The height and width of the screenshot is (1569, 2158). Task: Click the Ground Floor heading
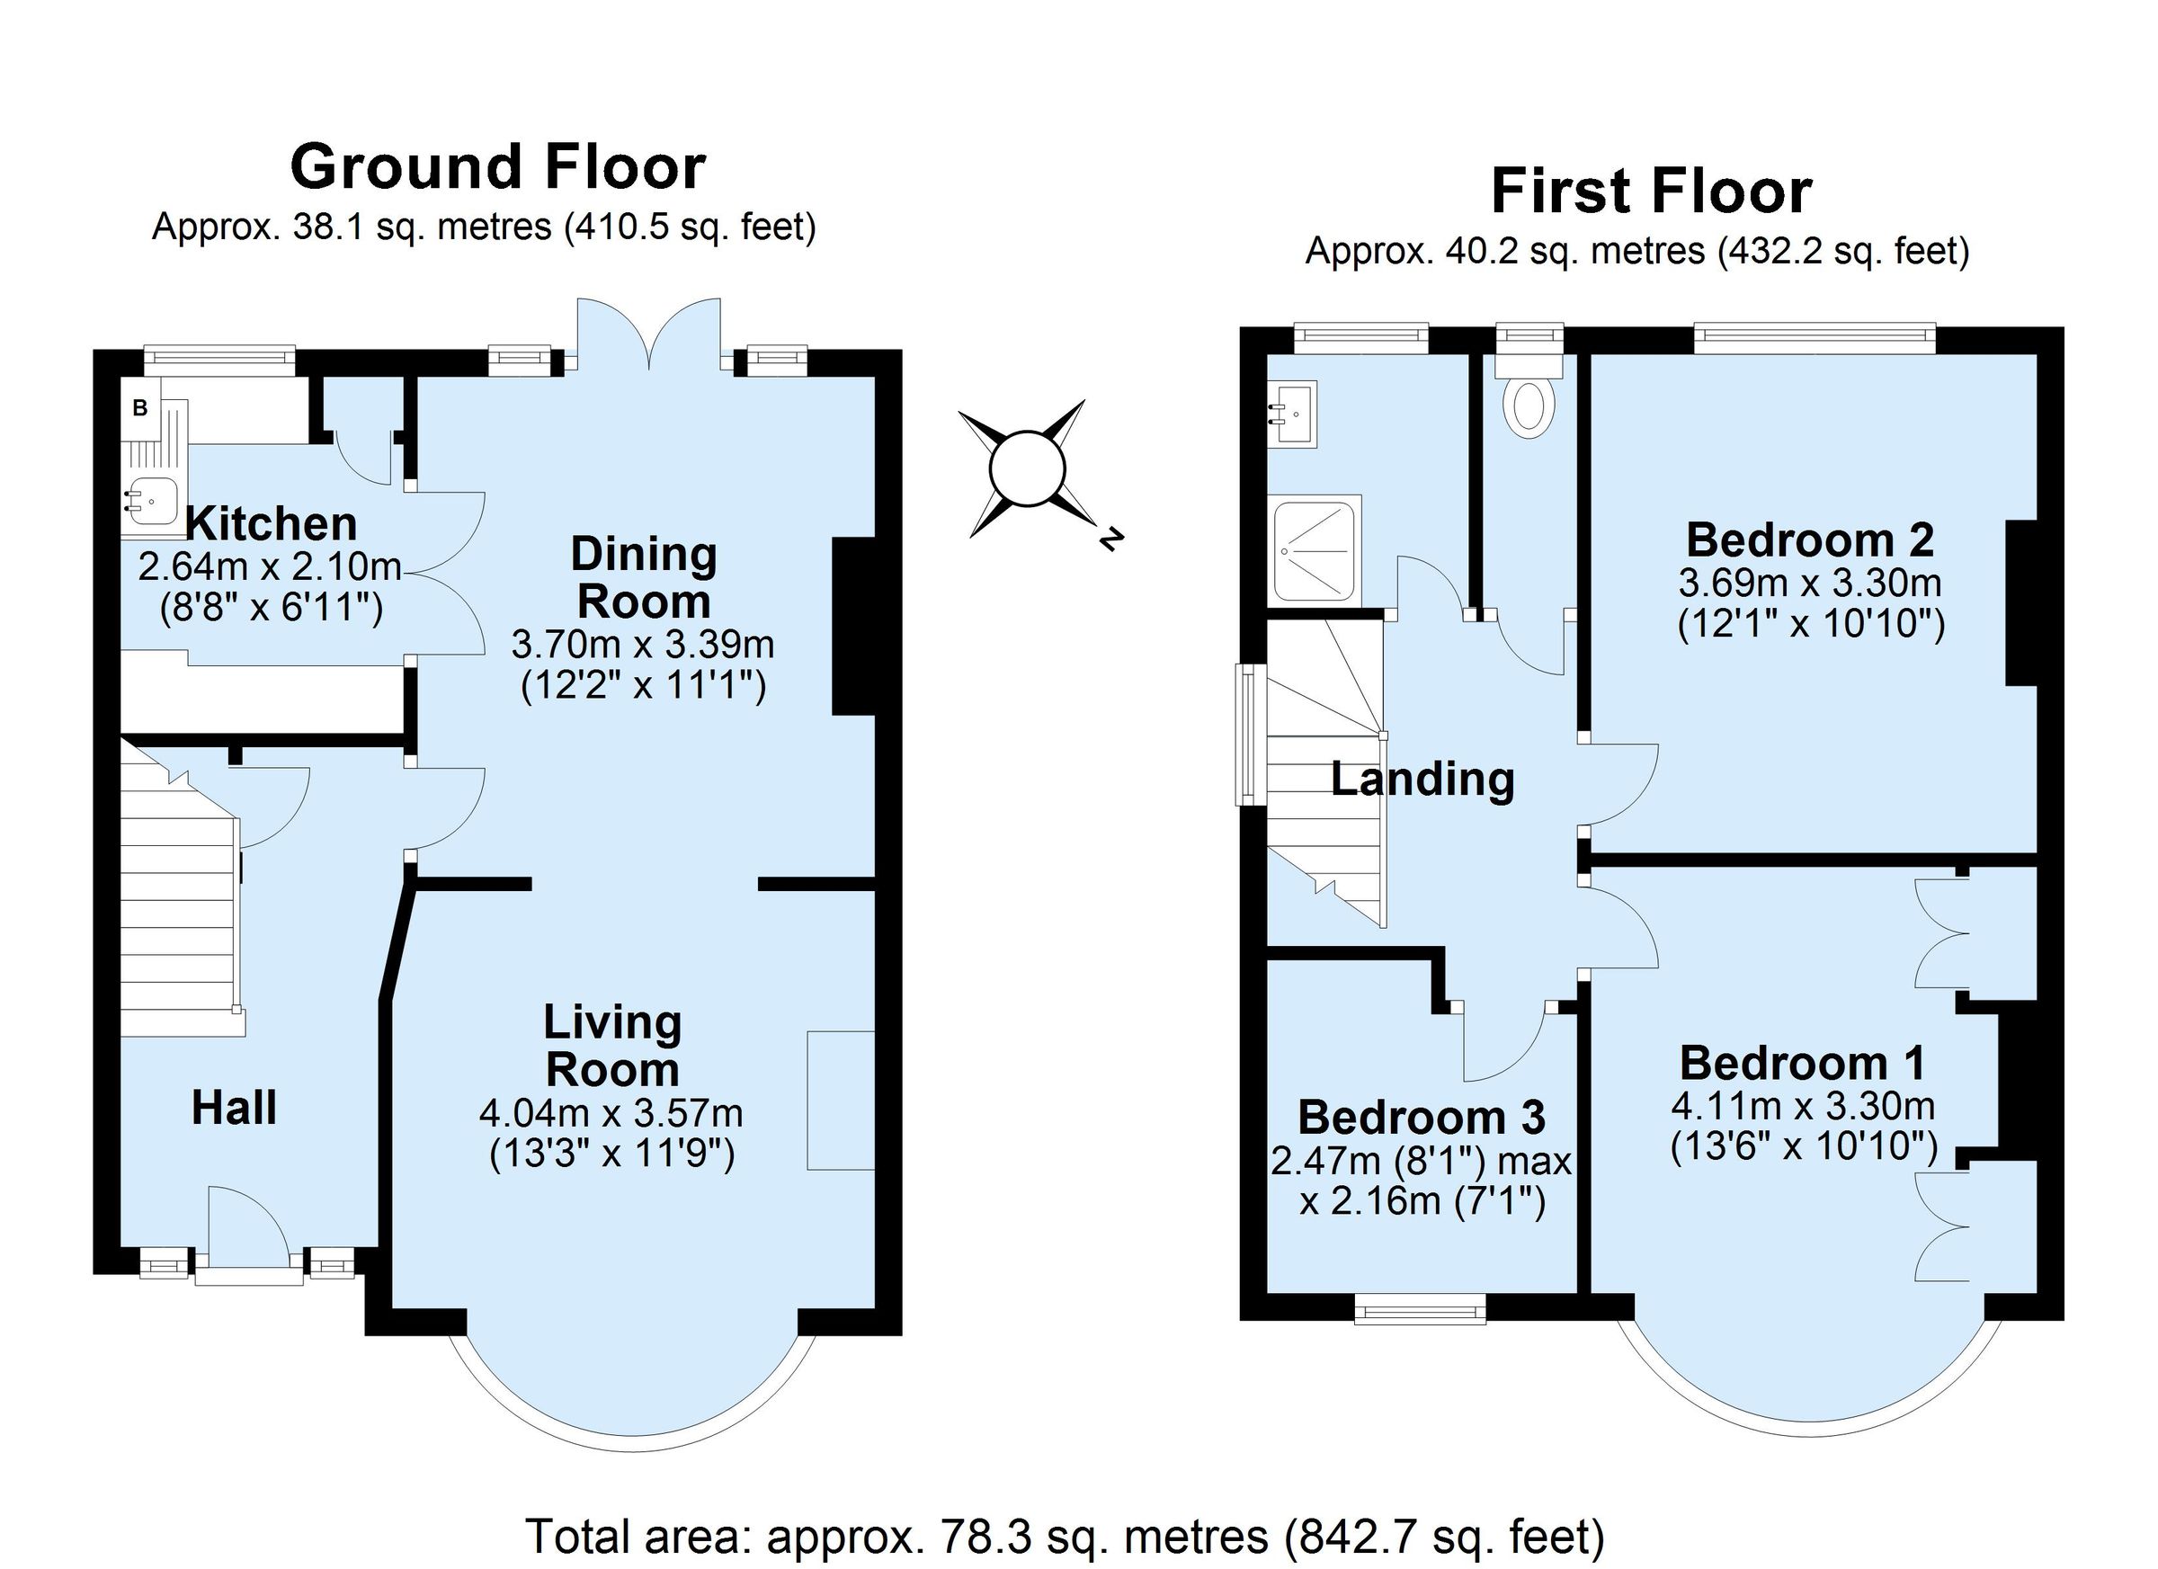[496, 167]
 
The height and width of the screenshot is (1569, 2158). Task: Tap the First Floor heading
[1650, 192]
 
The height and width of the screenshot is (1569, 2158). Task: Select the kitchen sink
[151, 501]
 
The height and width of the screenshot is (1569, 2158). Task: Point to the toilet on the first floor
[1528, 404]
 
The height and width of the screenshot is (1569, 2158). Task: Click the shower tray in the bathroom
[1314, 549]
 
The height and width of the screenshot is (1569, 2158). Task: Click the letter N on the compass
[1109, 539]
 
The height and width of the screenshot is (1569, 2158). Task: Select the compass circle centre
[1026, 468]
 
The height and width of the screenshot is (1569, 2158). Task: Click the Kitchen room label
[272, 524]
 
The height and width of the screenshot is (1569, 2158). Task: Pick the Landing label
[1422, 780]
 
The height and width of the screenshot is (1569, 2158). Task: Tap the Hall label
[234, 1109]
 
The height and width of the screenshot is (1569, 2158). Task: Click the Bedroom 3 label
[1421, 1117]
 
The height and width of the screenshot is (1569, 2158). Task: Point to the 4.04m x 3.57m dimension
[611, 1112]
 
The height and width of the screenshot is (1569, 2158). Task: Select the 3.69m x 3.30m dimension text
[1809, 583]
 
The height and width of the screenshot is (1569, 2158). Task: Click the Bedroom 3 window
[1419, 1308]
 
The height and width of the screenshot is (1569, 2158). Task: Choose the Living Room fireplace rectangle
[840, 1100]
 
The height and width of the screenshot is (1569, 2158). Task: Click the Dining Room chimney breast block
[852, 626]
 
